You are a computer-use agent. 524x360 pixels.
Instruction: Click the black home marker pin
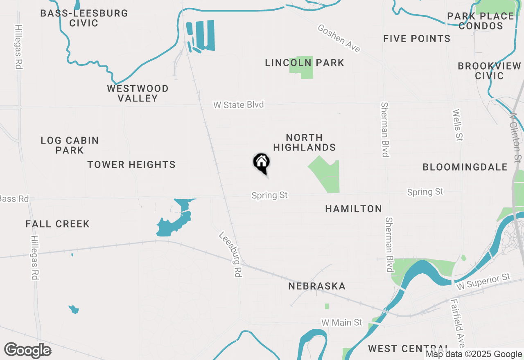[x=261, y=163]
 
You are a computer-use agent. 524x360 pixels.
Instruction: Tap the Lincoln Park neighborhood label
[x=304, y=63]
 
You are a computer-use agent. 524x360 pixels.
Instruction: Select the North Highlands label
[x=305, y=142]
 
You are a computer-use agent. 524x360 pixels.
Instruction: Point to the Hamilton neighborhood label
[x=353, y=209]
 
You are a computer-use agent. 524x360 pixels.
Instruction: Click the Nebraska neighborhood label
[x=317, y=286]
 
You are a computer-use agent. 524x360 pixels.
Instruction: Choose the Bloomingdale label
[x=465, y=167]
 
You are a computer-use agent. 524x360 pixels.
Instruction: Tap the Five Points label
[x=417, y=38]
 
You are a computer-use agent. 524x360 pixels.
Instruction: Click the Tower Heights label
[x=131, y=164]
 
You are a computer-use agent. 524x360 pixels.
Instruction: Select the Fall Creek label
[x=57, y=224]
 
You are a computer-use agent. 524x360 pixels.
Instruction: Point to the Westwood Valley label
[x=138, y=93]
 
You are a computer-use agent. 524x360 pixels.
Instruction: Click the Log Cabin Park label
[x=70, y=145]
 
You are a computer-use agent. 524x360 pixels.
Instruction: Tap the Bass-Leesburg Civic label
[x=84, y=18]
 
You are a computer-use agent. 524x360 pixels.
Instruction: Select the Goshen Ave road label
[x=339, y=38]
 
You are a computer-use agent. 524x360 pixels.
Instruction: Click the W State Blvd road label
[x=239, y=105]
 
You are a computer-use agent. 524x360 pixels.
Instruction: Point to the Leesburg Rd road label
[x=229, y=255]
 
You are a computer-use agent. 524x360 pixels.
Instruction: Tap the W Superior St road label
[x=484, y=282]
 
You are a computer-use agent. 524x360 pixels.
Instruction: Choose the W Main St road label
[x=341, y=322]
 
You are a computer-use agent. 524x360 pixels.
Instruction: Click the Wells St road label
[x=457, y=125]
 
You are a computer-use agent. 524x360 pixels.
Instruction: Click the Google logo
[x=27, y=350]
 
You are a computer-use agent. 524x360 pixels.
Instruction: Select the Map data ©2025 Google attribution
[x=474, y=354]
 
